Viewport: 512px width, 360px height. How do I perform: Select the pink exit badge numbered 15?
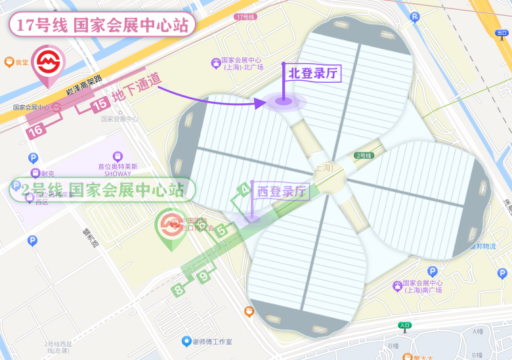100,104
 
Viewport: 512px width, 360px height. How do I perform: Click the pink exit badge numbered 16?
36,130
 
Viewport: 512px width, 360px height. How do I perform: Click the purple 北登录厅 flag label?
313,73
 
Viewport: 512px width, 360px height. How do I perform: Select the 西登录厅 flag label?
282,192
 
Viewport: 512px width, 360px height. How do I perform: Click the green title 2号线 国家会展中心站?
102,190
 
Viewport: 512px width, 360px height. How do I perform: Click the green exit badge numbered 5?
221,230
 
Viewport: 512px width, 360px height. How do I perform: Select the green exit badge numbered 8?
178,289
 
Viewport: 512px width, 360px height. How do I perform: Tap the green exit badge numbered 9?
204,277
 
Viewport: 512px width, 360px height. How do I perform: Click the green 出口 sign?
502,32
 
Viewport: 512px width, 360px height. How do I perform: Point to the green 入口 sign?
404,325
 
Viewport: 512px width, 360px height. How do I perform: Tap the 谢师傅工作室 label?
207,342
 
